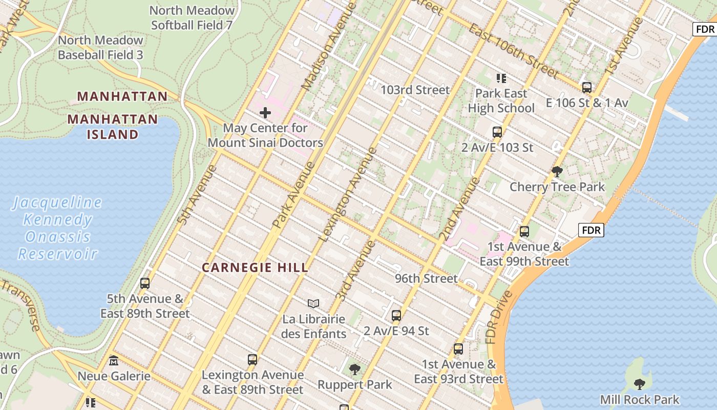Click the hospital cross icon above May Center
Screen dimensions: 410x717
(265, 112)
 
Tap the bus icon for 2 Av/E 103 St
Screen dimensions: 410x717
(497, 132)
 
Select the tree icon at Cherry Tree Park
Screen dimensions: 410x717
(557, 172)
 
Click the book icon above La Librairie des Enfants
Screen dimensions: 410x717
(313, 304)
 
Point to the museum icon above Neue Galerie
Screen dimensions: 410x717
(114, 361)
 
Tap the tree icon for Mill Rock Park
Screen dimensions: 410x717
(639, 384)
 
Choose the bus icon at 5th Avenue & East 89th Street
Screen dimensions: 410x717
(145, 283)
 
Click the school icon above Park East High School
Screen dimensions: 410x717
(501, 78)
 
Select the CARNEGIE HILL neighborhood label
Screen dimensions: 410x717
(255, 268)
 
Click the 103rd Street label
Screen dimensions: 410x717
(415, 90)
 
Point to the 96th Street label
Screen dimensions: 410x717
(426, 278)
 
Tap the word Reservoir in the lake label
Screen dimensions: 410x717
(57, 254)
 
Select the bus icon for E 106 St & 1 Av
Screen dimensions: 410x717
(587, 88)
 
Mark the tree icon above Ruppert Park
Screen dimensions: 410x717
(354, 369)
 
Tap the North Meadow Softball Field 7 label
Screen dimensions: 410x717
(192, 17)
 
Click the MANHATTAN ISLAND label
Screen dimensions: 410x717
(113, 127)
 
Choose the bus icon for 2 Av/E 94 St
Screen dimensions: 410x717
(396, 315)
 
